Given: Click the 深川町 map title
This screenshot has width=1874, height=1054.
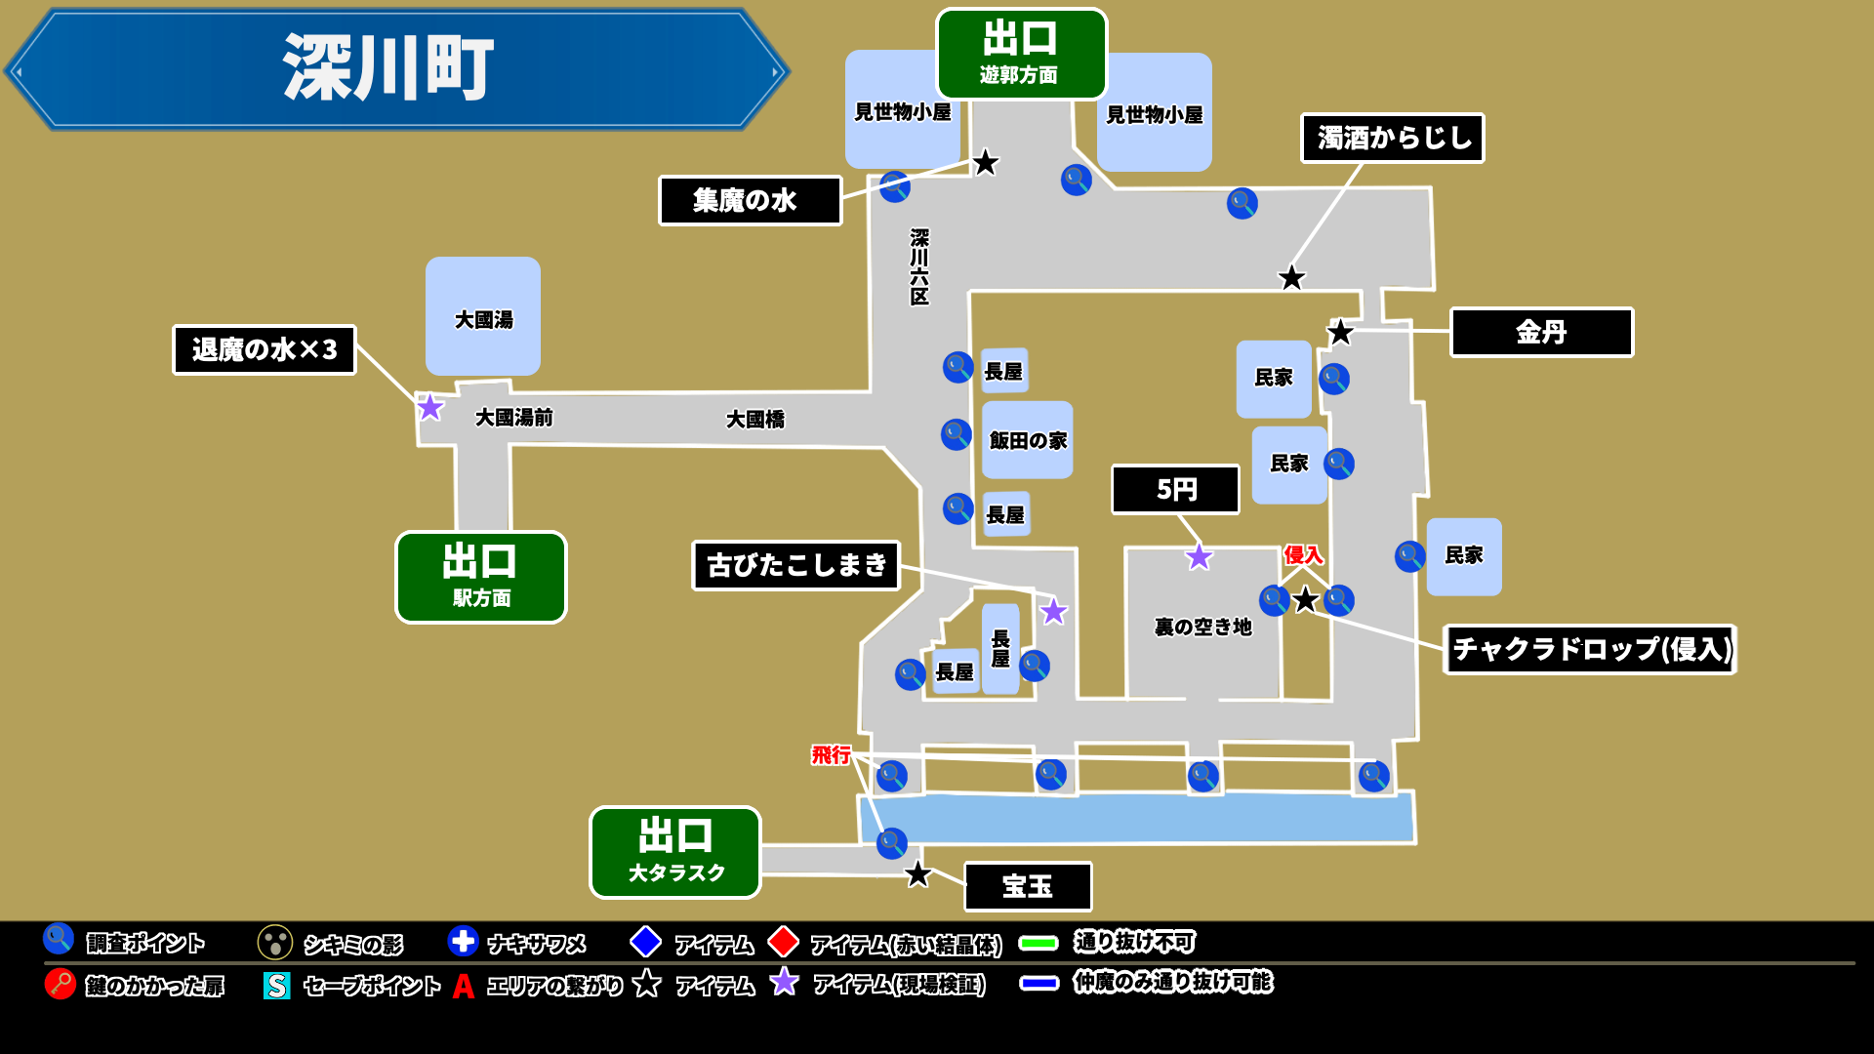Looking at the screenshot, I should click(388, 68).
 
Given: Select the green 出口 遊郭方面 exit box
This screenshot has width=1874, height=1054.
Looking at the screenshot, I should click(1021, 54).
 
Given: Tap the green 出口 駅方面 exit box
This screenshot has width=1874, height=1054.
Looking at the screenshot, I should click(480, 577).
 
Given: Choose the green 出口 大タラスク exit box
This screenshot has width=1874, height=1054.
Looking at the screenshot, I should click(675, 852).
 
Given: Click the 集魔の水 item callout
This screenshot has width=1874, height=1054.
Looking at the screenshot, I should click(750, 201).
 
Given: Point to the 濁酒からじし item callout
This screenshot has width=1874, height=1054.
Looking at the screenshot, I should click(1392, 139).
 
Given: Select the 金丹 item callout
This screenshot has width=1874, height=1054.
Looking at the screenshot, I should click(1541, 333).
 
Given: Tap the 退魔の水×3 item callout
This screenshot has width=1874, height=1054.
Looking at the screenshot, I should click(265, 350).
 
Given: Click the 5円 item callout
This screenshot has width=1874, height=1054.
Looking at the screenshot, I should click(1175, 490).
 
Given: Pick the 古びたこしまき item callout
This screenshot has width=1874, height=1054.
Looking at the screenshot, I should click(795, 566).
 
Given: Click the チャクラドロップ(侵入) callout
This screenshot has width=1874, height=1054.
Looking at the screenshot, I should click(1590, 650).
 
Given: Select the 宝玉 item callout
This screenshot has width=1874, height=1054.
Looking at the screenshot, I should click(1028, 886).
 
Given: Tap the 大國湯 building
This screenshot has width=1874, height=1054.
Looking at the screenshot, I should click(483, 317).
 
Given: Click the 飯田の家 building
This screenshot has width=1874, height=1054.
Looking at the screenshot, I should click(1028, 440).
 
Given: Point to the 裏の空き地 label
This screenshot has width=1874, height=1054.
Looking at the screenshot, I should click(1202, 628).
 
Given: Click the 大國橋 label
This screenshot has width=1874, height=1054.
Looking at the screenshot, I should click(755, 420).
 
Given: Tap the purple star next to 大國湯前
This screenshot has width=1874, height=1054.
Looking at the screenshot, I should click(430, 408).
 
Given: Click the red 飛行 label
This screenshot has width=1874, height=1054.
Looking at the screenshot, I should click(832, 754).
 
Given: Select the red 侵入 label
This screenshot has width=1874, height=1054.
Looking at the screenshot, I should click(1303, 555).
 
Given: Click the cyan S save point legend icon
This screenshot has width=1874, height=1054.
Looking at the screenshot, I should click(277, 986).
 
